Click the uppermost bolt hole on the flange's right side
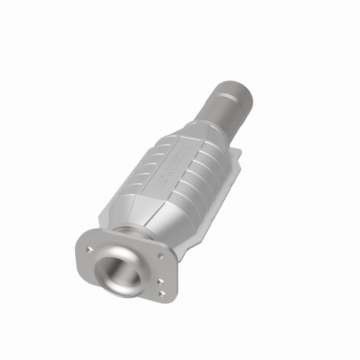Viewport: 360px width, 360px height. click(160, 255)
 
